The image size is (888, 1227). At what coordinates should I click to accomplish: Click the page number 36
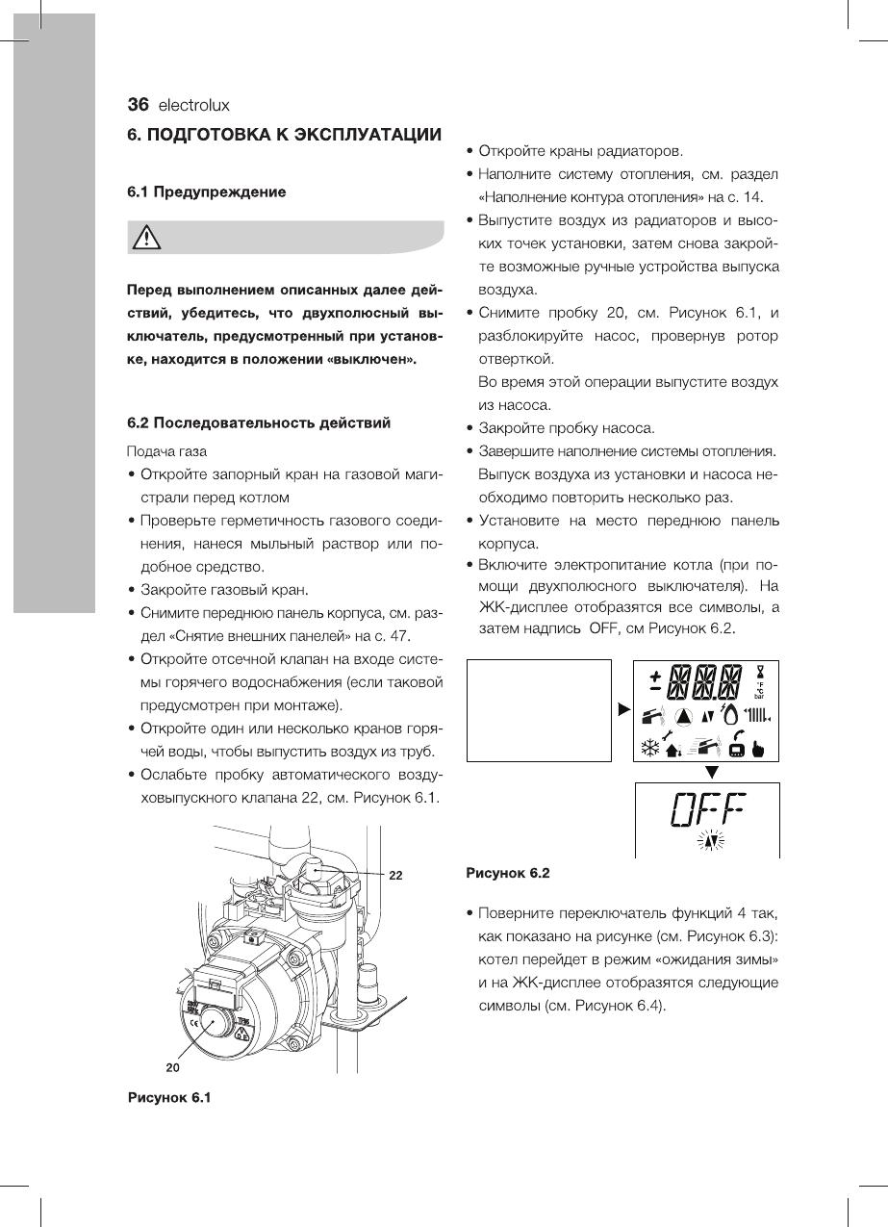[x=140, y=105]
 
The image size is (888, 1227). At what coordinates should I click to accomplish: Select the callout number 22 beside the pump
[x=394, y=876]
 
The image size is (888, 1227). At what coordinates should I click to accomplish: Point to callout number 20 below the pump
[x=170, y=1067]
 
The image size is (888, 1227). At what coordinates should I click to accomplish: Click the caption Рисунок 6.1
[x=169, y=1098]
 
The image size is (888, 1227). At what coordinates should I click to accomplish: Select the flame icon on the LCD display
[x=728, y=715]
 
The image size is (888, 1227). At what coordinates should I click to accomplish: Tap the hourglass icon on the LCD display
[x=760, y=670]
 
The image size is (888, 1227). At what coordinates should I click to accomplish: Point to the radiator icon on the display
[x=759, y=716]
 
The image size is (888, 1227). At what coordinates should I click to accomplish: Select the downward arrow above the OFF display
[x=711, y=772]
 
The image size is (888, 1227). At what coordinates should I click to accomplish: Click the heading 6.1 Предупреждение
[x=207, y=192]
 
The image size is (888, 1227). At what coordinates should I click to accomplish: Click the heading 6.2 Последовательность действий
[x=260, y=422]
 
